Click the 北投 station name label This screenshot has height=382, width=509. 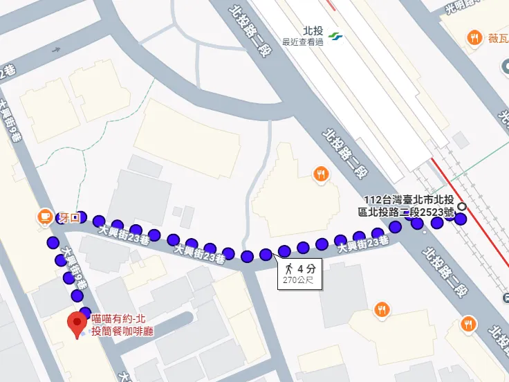click(x=313, y=30)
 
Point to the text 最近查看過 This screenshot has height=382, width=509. click(x=303, y=42)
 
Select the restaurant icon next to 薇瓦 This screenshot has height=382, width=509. click(x=474, y=38)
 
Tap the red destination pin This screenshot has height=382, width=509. click(x=77, y=324)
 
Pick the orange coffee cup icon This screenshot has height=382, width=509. click(x=46, y=217)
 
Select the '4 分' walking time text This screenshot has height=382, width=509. click(x=306, y=268)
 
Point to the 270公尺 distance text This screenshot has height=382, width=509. click(x=299, y=280)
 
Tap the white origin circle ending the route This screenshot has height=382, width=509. click(x=462, y=207)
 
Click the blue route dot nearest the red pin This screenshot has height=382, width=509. click(x=85, y=312)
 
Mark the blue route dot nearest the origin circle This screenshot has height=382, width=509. click(x=461, y=220)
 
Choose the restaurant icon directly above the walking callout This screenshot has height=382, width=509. click(x=320, y=174)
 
